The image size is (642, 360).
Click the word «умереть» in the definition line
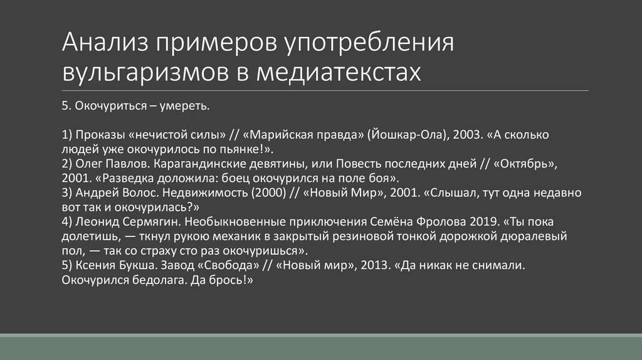(182, 107)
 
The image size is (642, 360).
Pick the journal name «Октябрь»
(527, 164)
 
